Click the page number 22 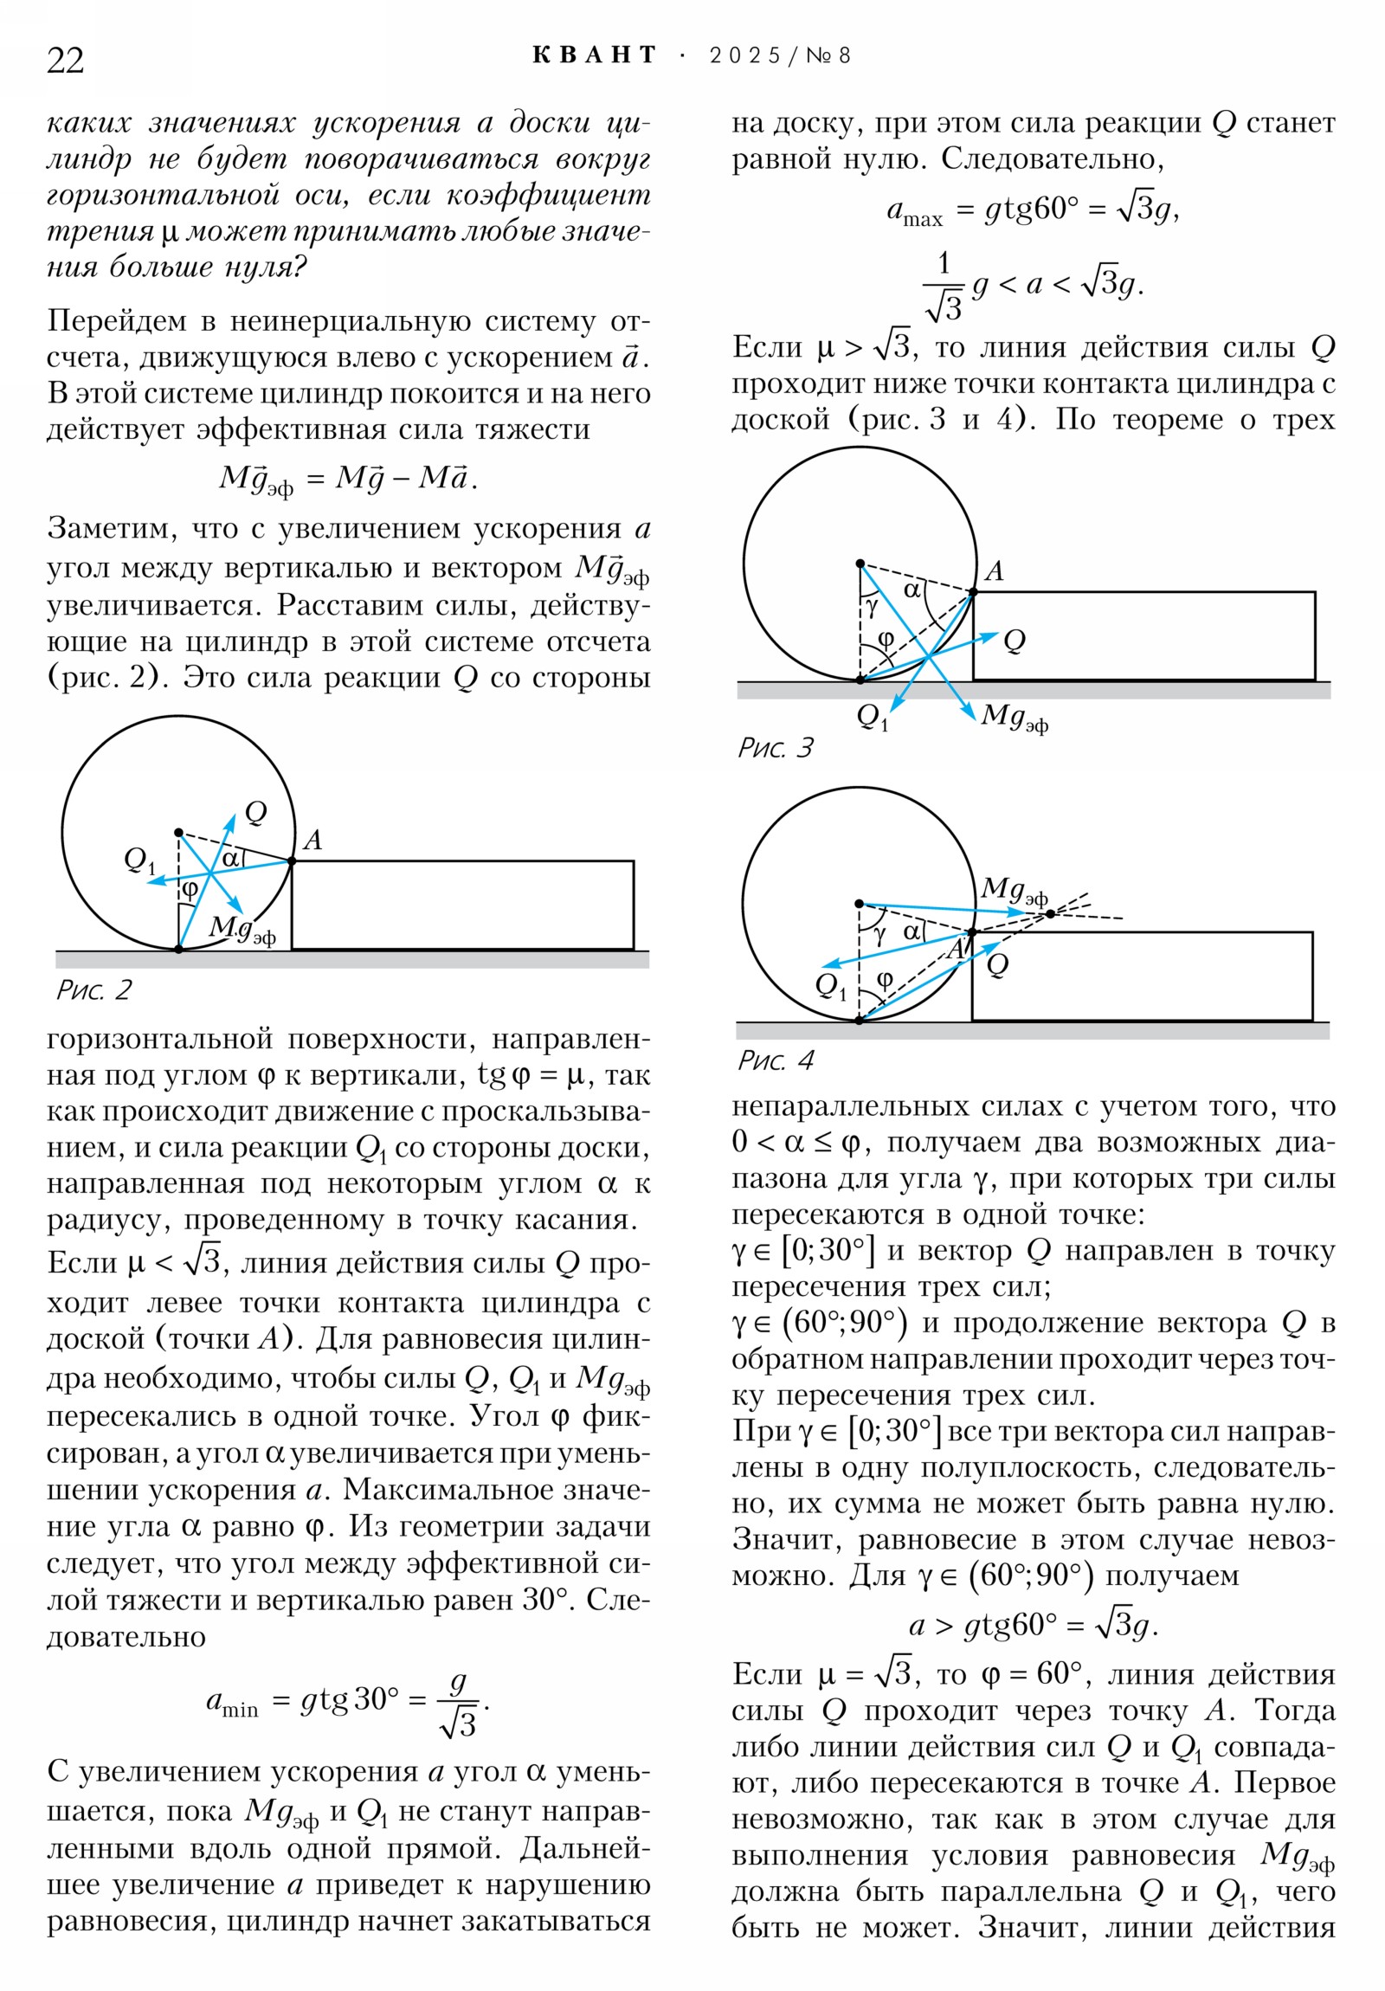(x=65, y=61)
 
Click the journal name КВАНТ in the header (x=595, y=55)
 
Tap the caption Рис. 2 (x=93, y=989)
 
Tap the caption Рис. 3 (x=776, y=748)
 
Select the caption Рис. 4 (x=776, y=1060)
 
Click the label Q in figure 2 (x=256, y=813)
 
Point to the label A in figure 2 (x=313, y=840)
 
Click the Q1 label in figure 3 (x=873, y=716)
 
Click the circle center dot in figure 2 (x=178, y=833)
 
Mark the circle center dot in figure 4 (x=859, y=904)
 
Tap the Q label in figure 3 (x=1014, y=641)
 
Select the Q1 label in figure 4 (x=830, y=985)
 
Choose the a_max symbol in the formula (x=914, y=211)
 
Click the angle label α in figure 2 (x=230, y=859)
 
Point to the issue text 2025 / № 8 (x=780, y=55)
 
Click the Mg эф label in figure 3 (x=1014, y=716)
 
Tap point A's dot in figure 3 (x=973, y=592)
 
